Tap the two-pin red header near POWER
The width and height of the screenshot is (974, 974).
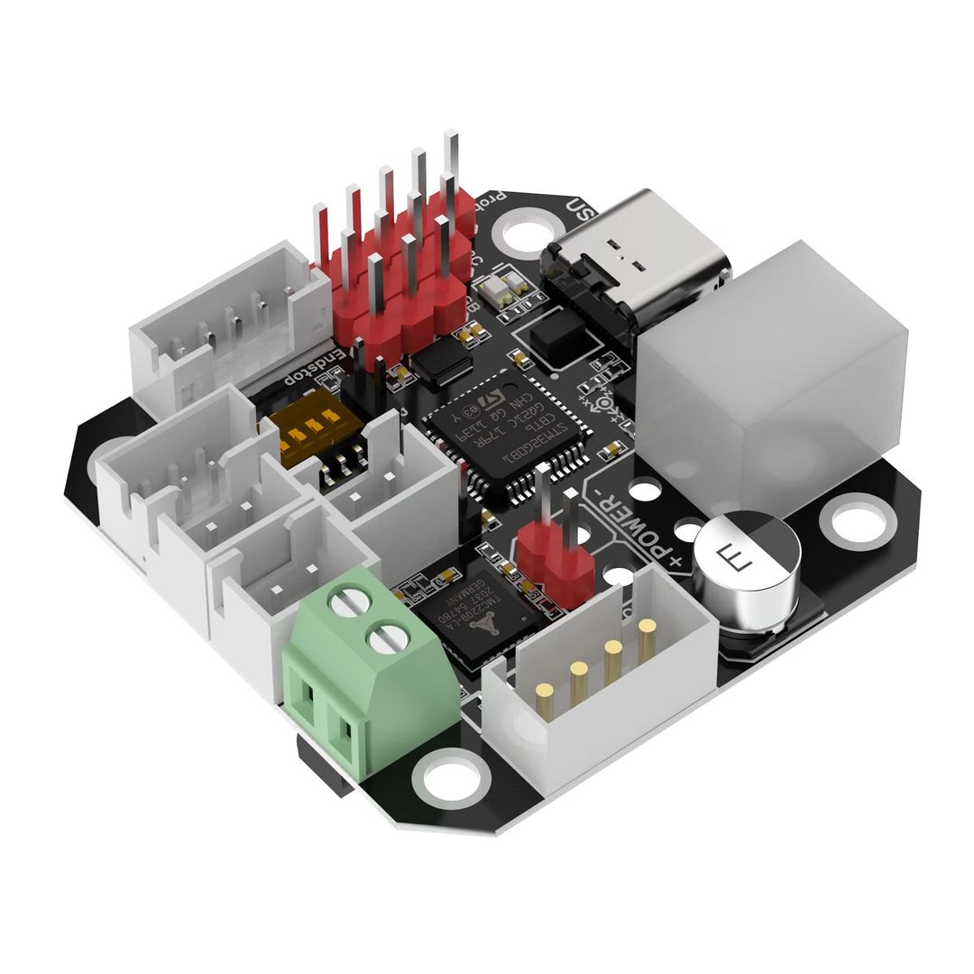(x=554, y=559)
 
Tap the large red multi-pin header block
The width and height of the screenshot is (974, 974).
(x=397, y=271)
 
